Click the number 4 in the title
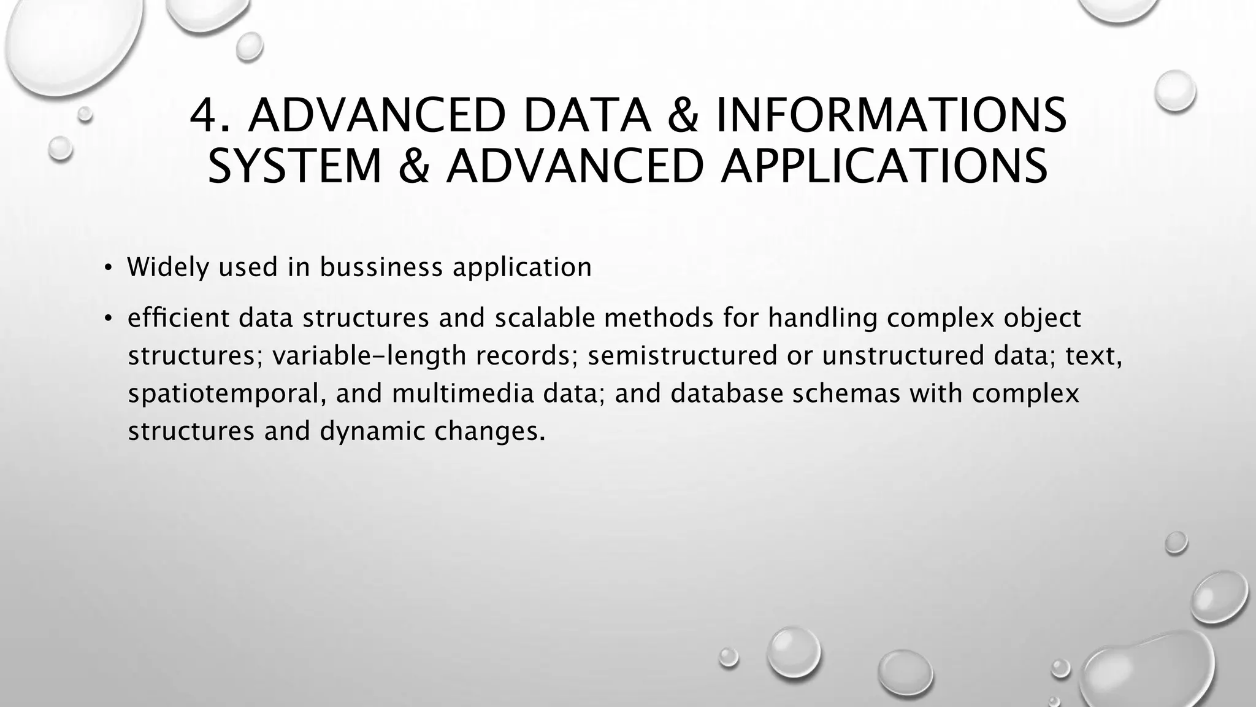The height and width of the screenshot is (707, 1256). (204, 115)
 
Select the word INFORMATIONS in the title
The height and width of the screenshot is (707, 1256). (890, 115)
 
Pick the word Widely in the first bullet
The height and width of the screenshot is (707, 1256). (168, 268)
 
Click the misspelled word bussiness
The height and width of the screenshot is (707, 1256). (381, 268)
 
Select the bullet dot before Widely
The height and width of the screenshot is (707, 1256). (108, 268)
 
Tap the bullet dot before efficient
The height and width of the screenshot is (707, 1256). (108, 318)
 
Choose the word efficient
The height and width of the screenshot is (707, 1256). (178, 318)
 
